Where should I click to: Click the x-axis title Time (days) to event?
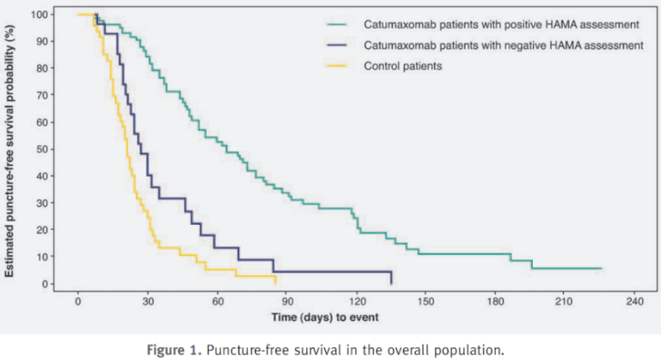(x=324, y=315)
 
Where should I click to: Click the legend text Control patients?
(x=402, y=67)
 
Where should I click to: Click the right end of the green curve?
(x=600, y=268)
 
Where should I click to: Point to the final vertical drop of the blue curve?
(x=392, y=278)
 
